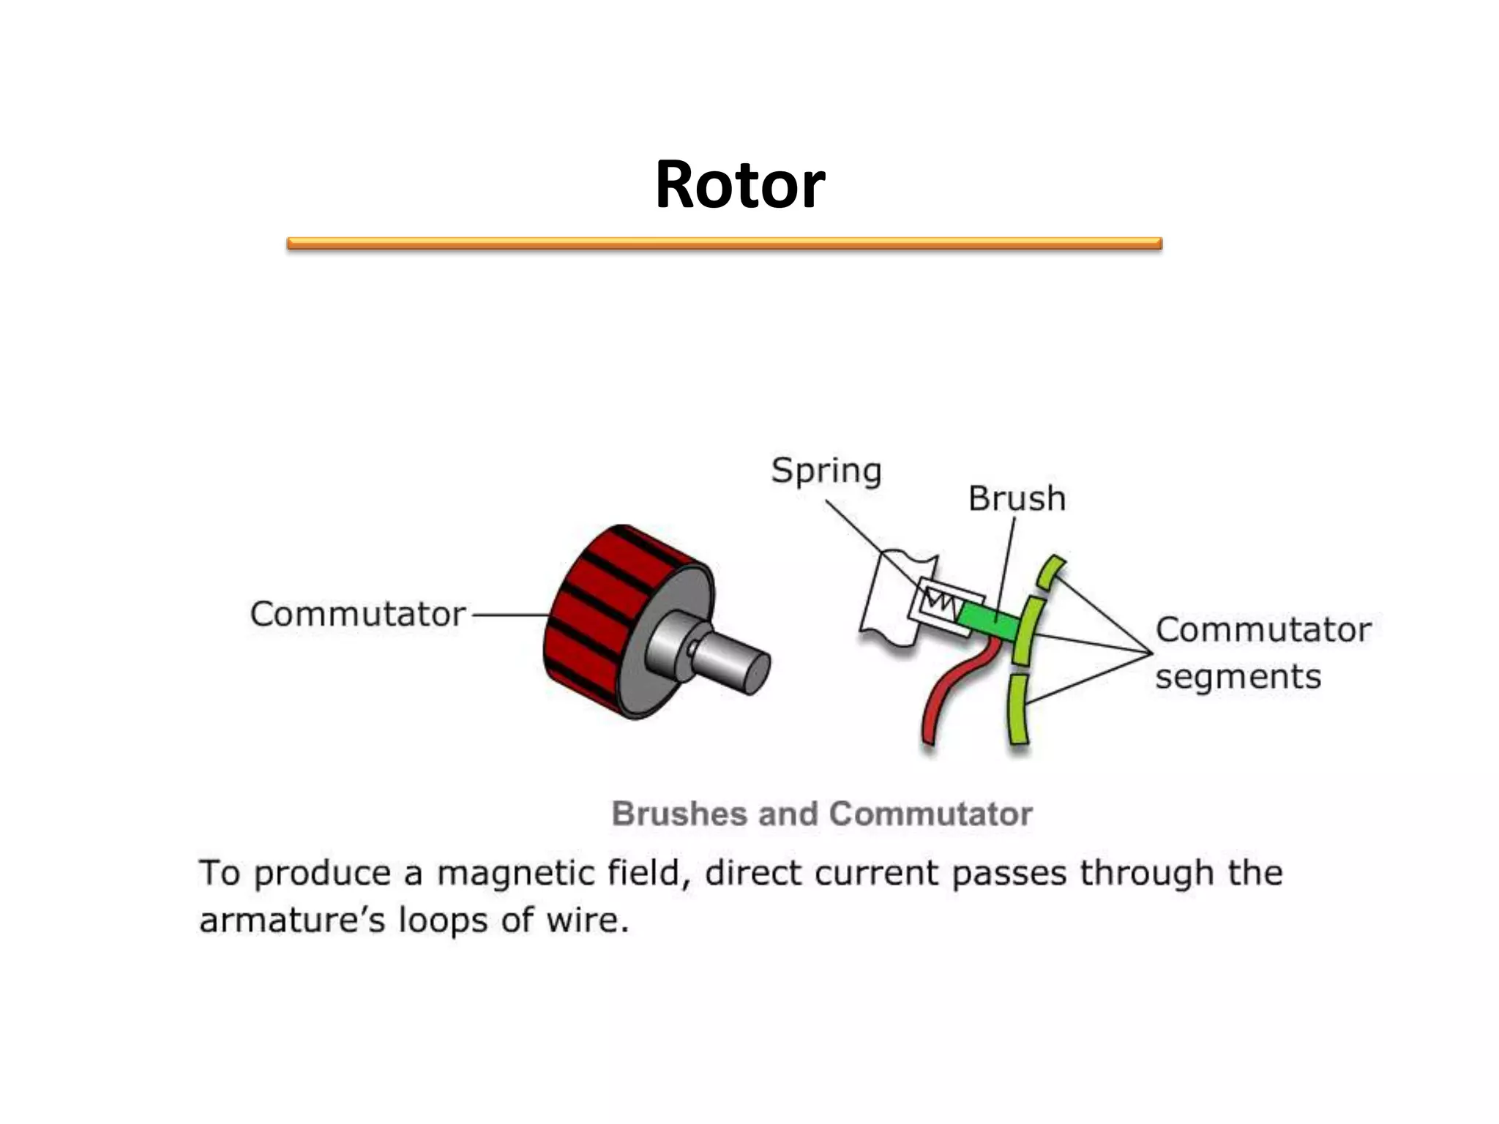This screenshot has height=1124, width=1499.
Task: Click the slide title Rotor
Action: click(x=740, y=184)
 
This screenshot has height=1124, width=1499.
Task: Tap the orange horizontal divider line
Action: click(x=724, y=244)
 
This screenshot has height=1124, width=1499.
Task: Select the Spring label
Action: click(x=826, y=470)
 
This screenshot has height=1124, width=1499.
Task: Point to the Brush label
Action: click(x=1017, y=498)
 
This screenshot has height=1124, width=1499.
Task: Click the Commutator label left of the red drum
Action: click(x=357, y=614)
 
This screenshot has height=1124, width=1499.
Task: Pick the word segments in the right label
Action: click(x=1238, y=677)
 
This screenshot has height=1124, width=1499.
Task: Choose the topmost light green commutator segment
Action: click(x=1051, y=572)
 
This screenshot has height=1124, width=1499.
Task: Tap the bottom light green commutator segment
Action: click(x=1018, y=709)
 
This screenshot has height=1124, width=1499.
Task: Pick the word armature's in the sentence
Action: click(x=292, y=920)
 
